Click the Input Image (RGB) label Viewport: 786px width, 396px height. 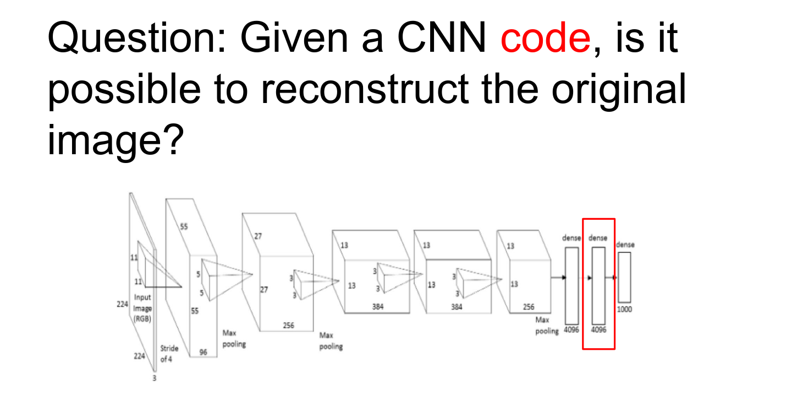pos(142,308)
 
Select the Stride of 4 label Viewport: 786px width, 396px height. pos(169,354)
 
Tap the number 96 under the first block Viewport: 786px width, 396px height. pos(203,352)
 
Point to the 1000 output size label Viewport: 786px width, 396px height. pos(624,310)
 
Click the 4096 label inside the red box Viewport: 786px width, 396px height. pos(598,330)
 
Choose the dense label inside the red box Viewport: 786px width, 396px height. pos(598,238)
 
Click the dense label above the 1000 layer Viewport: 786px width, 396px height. pos(625,244)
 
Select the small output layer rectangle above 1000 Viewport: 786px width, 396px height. pos(624,277)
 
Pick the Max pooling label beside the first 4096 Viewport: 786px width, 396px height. pos(546,325)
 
